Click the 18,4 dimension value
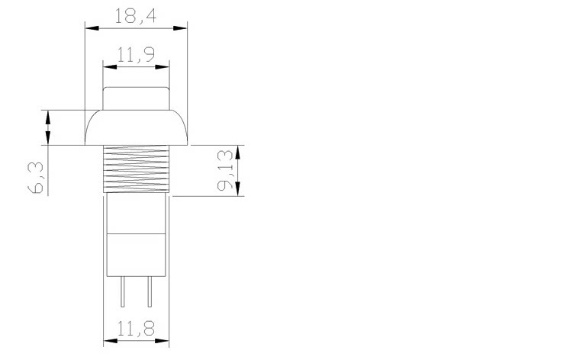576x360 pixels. (136, 16)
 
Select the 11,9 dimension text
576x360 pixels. (136, 55)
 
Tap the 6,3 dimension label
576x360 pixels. (36, 178)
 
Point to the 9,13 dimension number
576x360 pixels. (225, 170)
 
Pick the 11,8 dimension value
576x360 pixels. (136, 329)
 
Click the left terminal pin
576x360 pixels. (122, 291)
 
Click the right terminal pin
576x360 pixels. (150, 291)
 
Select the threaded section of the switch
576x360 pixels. (136, 169)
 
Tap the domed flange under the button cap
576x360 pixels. (136, 127)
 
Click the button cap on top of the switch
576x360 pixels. (136, 98)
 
